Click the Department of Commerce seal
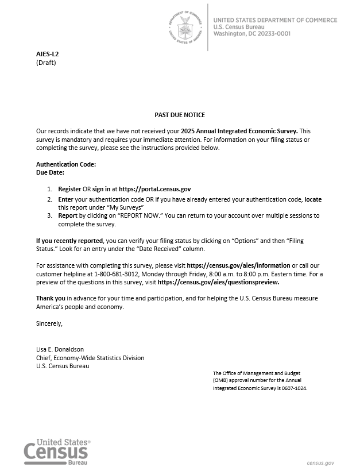tap(185, 26)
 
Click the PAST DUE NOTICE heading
tap(180, 115)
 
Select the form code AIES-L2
tap(48, 54)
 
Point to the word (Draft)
tap(46, 63)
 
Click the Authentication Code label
tap(65, 164)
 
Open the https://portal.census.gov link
tap(154, 188)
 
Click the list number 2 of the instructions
tap(49, 199)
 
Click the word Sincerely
tap(49, 323)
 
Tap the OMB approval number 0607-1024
tap(300, 388)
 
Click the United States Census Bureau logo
tap(57, 450)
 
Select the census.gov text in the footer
tap(320, 462)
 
